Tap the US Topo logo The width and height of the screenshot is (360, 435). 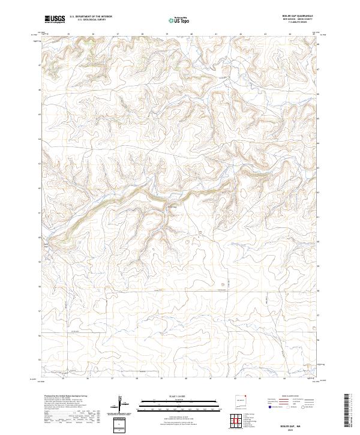tap(178, 20)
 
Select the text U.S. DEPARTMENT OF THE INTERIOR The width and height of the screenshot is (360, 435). tap(91, 17)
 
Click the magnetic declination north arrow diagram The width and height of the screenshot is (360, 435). tap(120, 403)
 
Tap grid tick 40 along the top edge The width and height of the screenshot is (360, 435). tap(191, 34)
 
